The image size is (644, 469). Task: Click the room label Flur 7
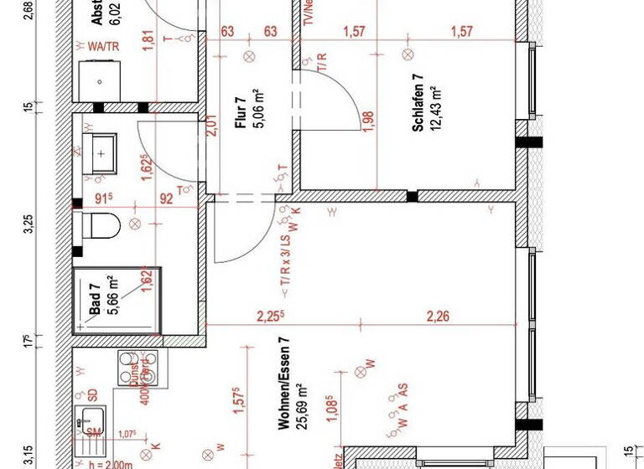point(240,112)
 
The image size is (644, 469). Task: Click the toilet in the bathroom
point(99,224)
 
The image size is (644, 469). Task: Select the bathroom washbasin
point(100,154)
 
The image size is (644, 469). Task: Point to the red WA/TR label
point(104,47)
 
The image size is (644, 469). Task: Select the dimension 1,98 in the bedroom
point(369,122)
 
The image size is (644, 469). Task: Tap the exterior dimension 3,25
point(28,224)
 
